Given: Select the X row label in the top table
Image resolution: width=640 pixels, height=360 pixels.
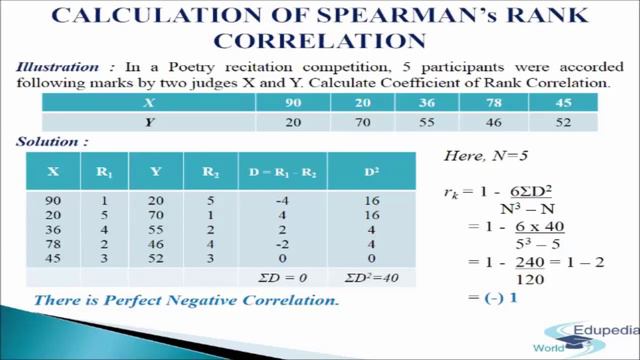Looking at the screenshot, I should coord(148,103).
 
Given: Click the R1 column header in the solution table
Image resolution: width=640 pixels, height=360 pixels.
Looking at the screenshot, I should coord(103,171).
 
